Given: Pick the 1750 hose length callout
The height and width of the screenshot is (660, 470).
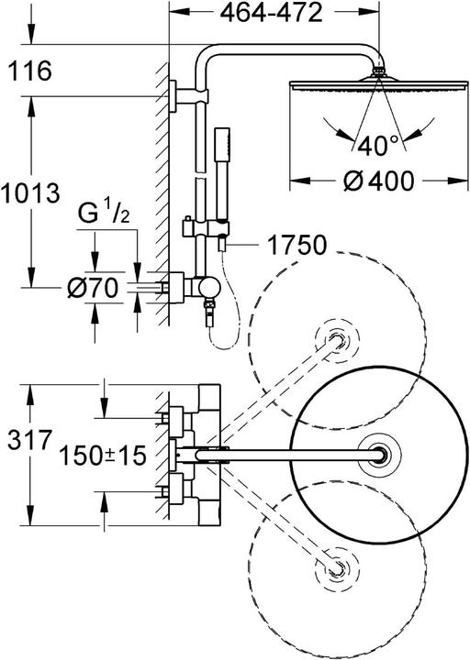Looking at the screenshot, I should (x=297, y=245).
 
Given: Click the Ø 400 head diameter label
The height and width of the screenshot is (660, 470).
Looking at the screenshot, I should (x=375, y=182).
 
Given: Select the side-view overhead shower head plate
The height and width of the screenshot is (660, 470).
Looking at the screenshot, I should (x=375, y=83).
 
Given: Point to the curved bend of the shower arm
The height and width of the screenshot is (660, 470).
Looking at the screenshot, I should (x=211, y=62).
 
